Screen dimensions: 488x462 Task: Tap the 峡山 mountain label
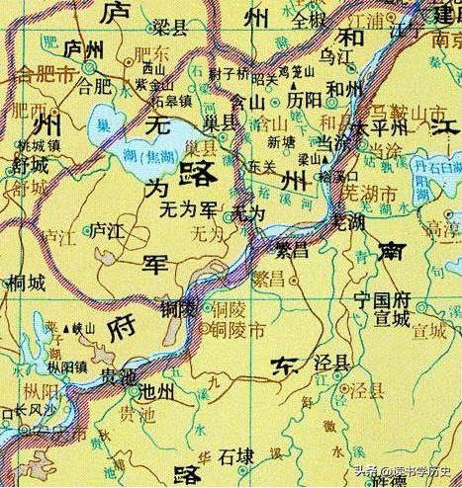[58, 327]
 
